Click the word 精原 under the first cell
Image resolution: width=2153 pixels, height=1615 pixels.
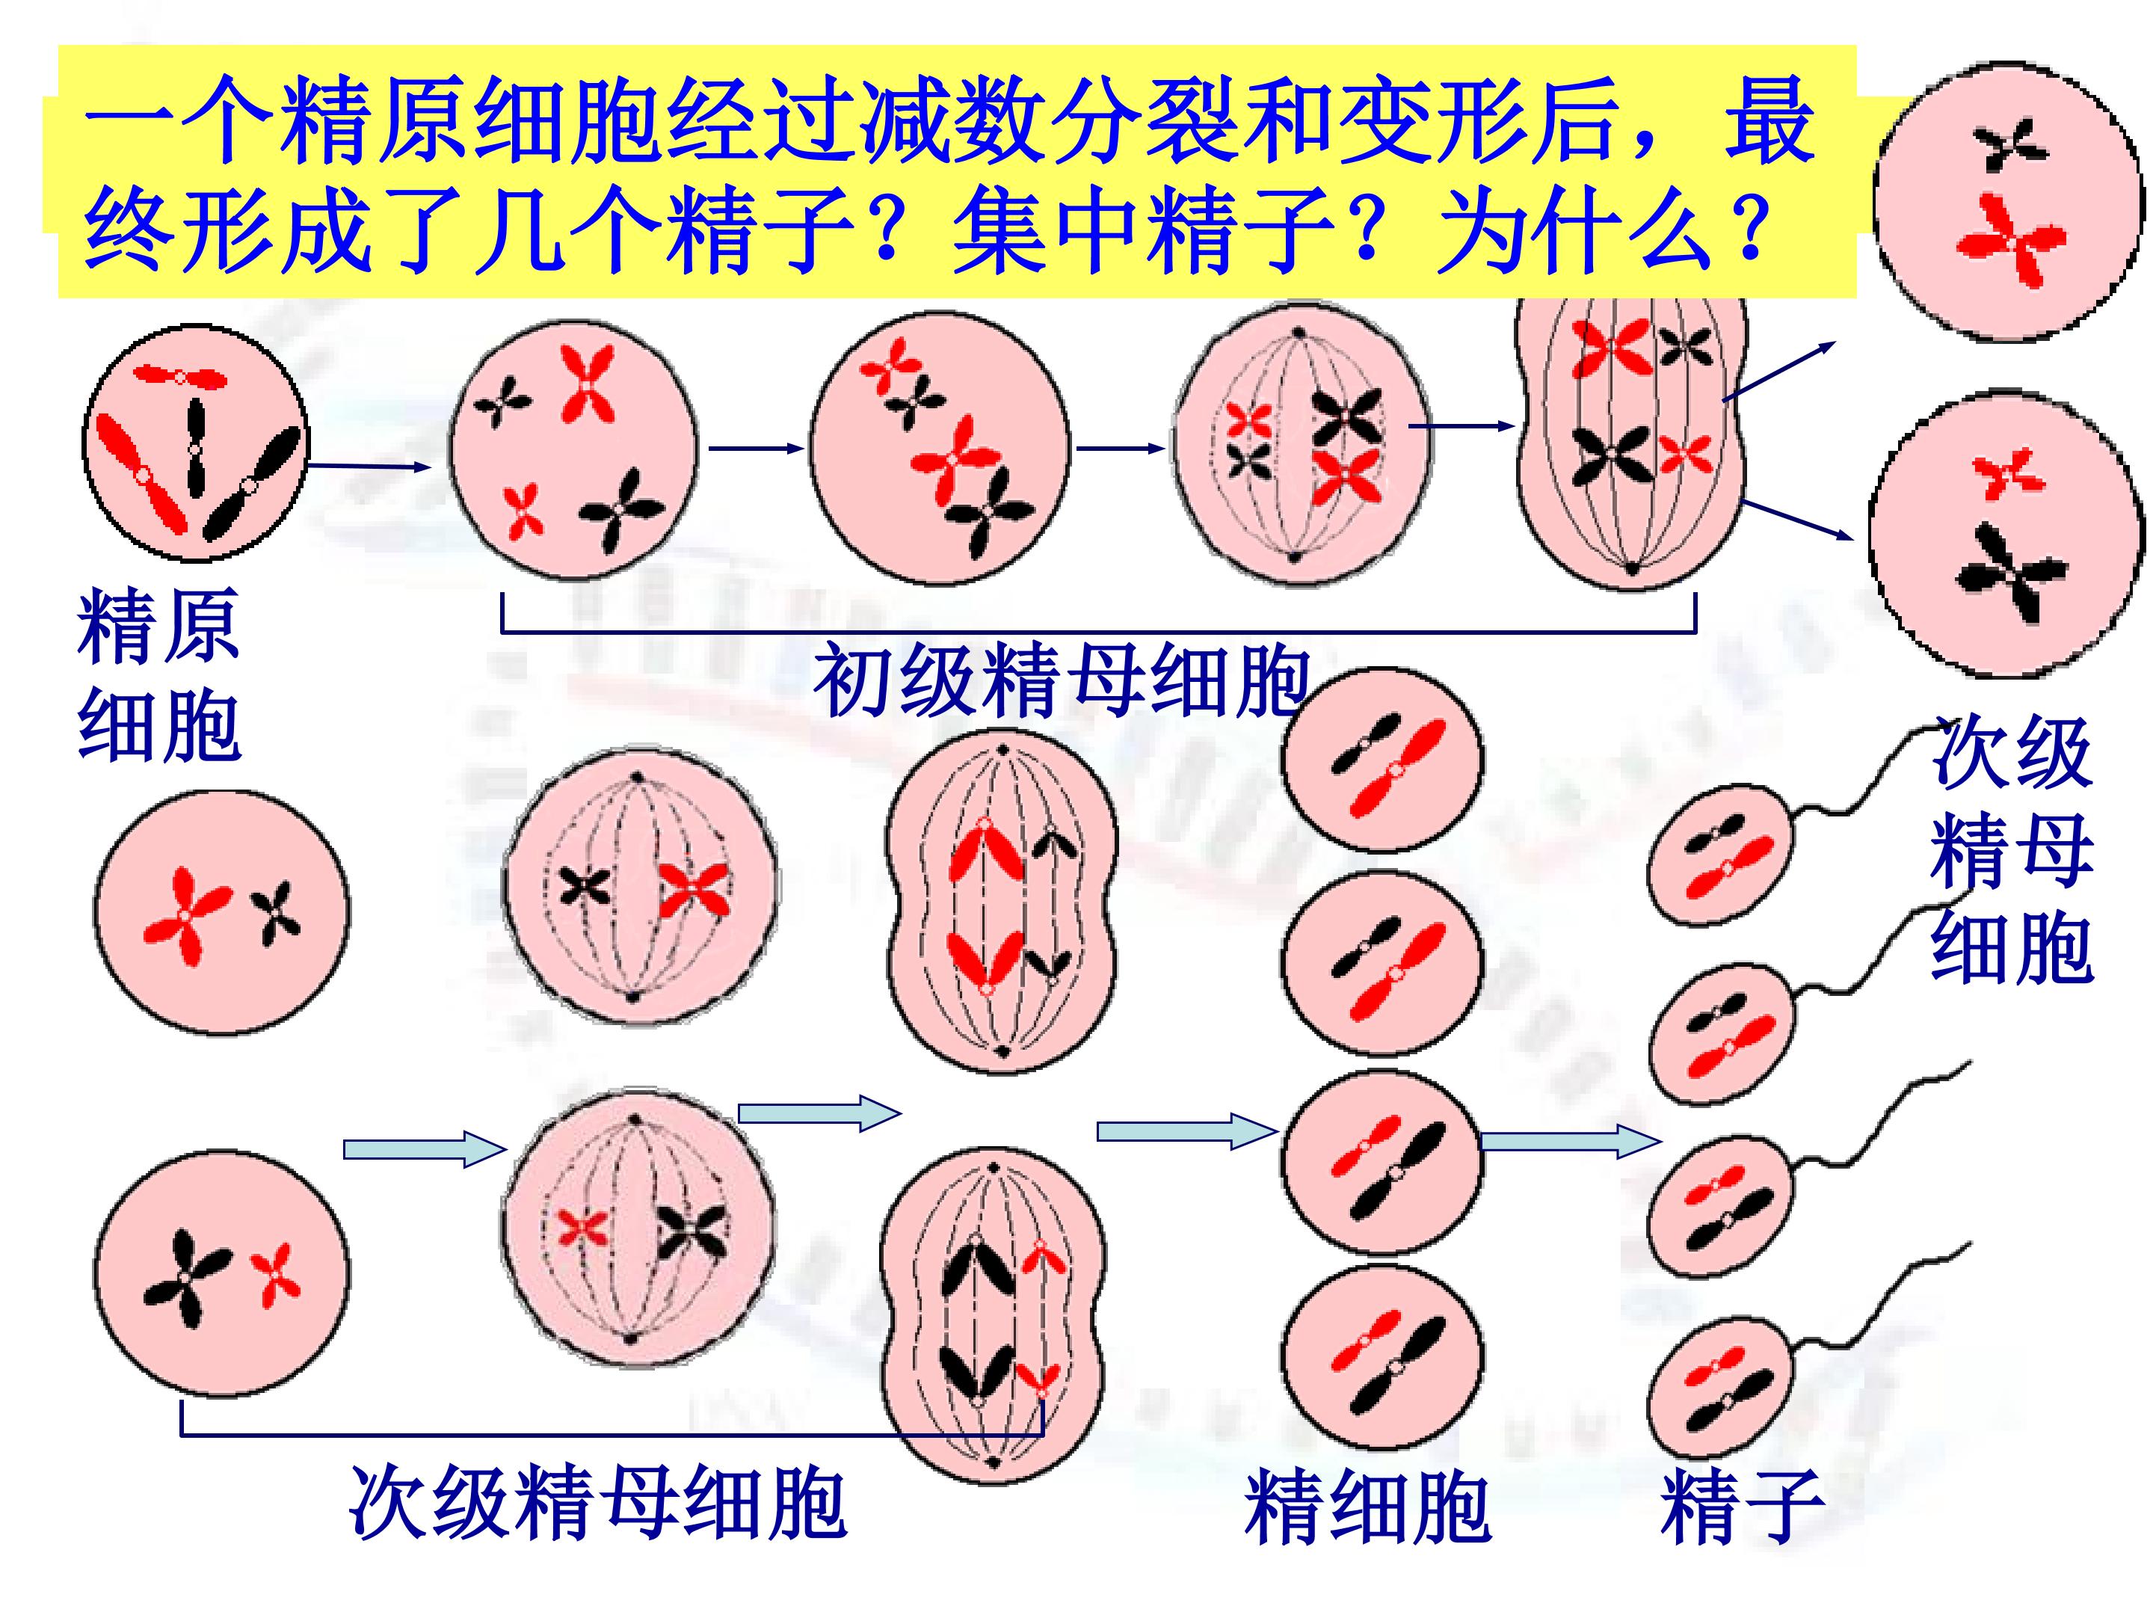tap(158, 626)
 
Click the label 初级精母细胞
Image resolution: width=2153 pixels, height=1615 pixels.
tap(1062, 680)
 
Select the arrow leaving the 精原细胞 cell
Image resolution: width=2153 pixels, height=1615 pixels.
tap(368, 467)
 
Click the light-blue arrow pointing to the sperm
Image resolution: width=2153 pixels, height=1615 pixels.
tap(1570, 1141)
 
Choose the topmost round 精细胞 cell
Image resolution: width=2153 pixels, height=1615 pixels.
tap(1382, 760)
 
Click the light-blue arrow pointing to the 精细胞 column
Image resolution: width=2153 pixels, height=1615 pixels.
tap(1186, 1130)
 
